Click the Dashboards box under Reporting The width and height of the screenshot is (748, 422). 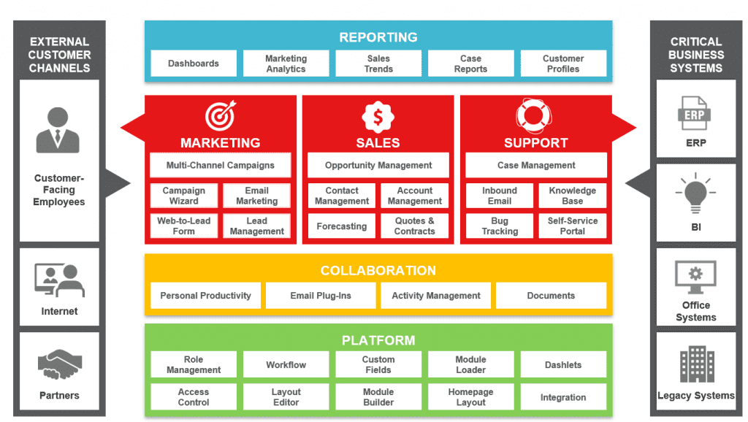[x=193, y=64]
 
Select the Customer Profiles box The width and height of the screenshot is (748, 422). [x=563, y=64]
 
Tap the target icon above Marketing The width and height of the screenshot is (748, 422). [x=221, y=115]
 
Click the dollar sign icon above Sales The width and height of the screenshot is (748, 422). [x=378, y=117]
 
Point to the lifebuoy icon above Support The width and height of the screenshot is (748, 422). [x=534, y=116]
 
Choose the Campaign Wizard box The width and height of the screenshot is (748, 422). [x=183, y=196]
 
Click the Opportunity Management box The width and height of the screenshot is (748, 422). [x=378, y=165]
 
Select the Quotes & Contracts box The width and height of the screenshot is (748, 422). [x=415, y=226]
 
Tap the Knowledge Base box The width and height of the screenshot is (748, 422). [x=573, y=196]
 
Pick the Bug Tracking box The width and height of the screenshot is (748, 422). [x=500, y=226]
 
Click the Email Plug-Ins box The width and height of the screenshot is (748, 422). [x=321, y=296]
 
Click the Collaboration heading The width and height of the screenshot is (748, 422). [x=378, y=270]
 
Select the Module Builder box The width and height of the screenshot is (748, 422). [x=378, y=396]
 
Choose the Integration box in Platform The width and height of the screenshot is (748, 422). [x=563, y=396]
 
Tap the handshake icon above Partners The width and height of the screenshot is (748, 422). [x=60, y=364]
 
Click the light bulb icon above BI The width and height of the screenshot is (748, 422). [x=695, y=193]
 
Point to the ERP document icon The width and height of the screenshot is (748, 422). [x=694, y=113]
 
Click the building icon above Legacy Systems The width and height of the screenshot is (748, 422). [x=697, y=364]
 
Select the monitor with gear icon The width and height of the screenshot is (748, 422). [x=695, y=277]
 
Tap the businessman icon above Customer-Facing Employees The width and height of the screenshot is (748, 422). [x=58, y=130]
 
